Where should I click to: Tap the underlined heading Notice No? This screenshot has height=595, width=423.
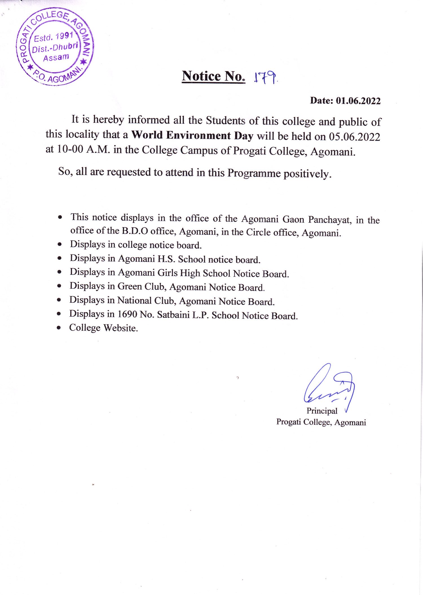click(213, 76)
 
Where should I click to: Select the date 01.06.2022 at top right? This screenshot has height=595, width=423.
click(358, 101)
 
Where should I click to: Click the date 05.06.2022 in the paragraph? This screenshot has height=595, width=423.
click(354, 137)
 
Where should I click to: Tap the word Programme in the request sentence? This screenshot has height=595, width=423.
click(254, 173)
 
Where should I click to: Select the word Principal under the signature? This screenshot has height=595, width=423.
click(322, 411)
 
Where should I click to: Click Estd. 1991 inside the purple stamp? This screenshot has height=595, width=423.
click(54, 37)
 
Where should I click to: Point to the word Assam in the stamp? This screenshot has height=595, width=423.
click(56, 58)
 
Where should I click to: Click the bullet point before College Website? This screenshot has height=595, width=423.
click(59, 328)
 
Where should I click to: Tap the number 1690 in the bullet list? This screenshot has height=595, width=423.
click(127, 314)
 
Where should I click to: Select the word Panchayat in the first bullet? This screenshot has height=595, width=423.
click(330, 219)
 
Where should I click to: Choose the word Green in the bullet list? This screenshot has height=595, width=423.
click(129, 286)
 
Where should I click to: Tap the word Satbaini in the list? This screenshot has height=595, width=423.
click(173, 315)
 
